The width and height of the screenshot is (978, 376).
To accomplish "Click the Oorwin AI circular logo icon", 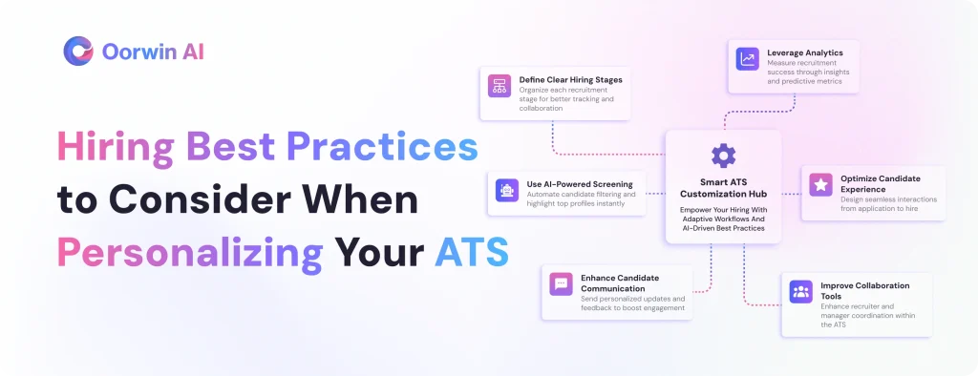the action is coord(78,52).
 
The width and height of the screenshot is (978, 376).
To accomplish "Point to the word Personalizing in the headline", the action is coord(190,254).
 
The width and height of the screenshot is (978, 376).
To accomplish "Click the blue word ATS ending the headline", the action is coord(472,253).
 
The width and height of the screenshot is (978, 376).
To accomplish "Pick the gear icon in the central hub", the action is coord(724,156).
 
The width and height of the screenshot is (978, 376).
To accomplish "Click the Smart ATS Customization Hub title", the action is coord(723,188).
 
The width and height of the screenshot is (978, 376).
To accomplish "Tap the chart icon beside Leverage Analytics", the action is coord(747,59).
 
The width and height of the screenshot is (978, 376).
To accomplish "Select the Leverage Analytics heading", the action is coord(804,53).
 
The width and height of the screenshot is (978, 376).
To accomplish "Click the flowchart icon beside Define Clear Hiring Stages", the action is coord(499,86).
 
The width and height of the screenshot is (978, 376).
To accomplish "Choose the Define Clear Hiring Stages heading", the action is coord(571,80).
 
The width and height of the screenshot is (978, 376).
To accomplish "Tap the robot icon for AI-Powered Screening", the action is coord(507,190).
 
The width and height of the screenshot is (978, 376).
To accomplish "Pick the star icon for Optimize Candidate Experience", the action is coord(820,184).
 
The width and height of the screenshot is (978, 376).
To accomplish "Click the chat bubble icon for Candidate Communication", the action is coord(561,283).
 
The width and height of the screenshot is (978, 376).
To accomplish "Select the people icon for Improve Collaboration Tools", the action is coord(801,291).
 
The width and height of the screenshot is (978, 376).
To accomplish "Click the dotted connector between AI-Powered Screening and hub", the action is coord(655,194).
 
